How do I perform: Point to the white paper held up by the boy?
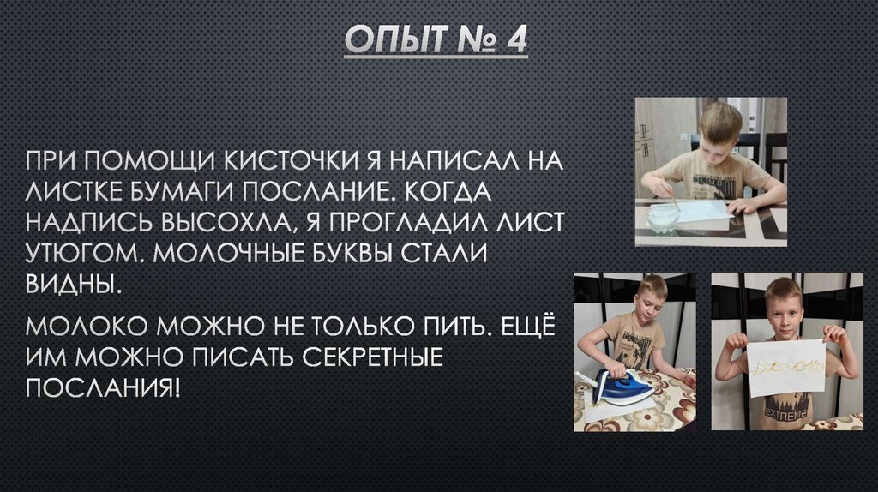[x=787, y=367]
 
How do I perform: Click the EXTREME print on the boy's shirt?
[x=786, y=417]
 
